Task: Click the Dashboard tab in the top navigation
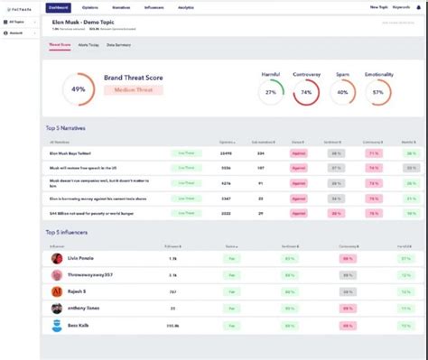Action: tap(58, 6)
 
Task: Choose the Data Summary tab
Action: tap(120, 43)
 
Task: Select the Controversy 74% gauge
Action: tap(307, 92)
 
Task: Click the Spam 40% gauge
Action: tap(342, 92)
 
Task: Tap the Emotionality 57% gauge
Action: tap(378, 92)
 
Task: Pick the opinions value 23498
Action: tap(226, 153)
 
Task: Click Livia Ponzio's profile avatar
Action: tap(57, 258)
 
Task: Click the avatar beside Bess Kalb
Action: tap(57, 326)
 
